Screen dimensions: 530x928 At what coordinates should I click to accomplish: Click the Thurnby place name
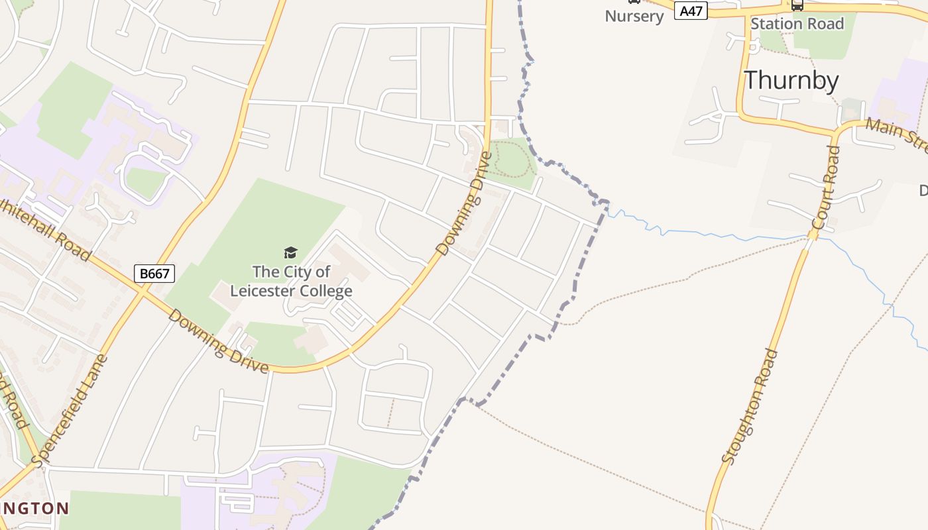pyautogui.click(x=791, y=80)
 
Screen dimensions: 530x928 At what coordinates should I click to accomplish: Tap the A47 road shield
pyautogui.click(x=691, y=11)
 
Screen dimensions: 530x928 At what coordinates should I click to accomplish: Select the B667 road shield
pyautogui.click(x=154, y=273)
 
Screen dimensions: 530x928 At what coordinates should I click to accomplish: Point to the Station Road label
pyautogui.click(x=797, y=24)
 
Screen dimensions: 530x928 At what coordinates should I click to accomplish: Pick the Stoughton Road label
pyautogui.click(x=750, y=405)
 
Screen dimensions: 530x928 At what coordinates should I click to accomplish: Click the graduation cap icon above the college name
pyautogui.click(x=290, y=252)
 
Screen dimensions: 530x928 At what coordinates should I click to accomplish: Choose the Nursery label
pyautogui.click(x=634, y=17)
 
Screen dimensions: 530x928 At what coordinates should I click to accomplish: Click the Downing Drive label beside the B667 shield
pyautogui.click(x=218, y=341)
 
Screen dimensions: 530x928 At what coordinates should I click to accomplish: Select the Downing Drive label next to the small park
pyautogui.click(x=465, y=203)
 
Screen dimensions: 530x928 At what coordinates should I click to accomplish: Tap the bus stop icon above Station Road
pyautogui.click(x=797, y=5)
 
